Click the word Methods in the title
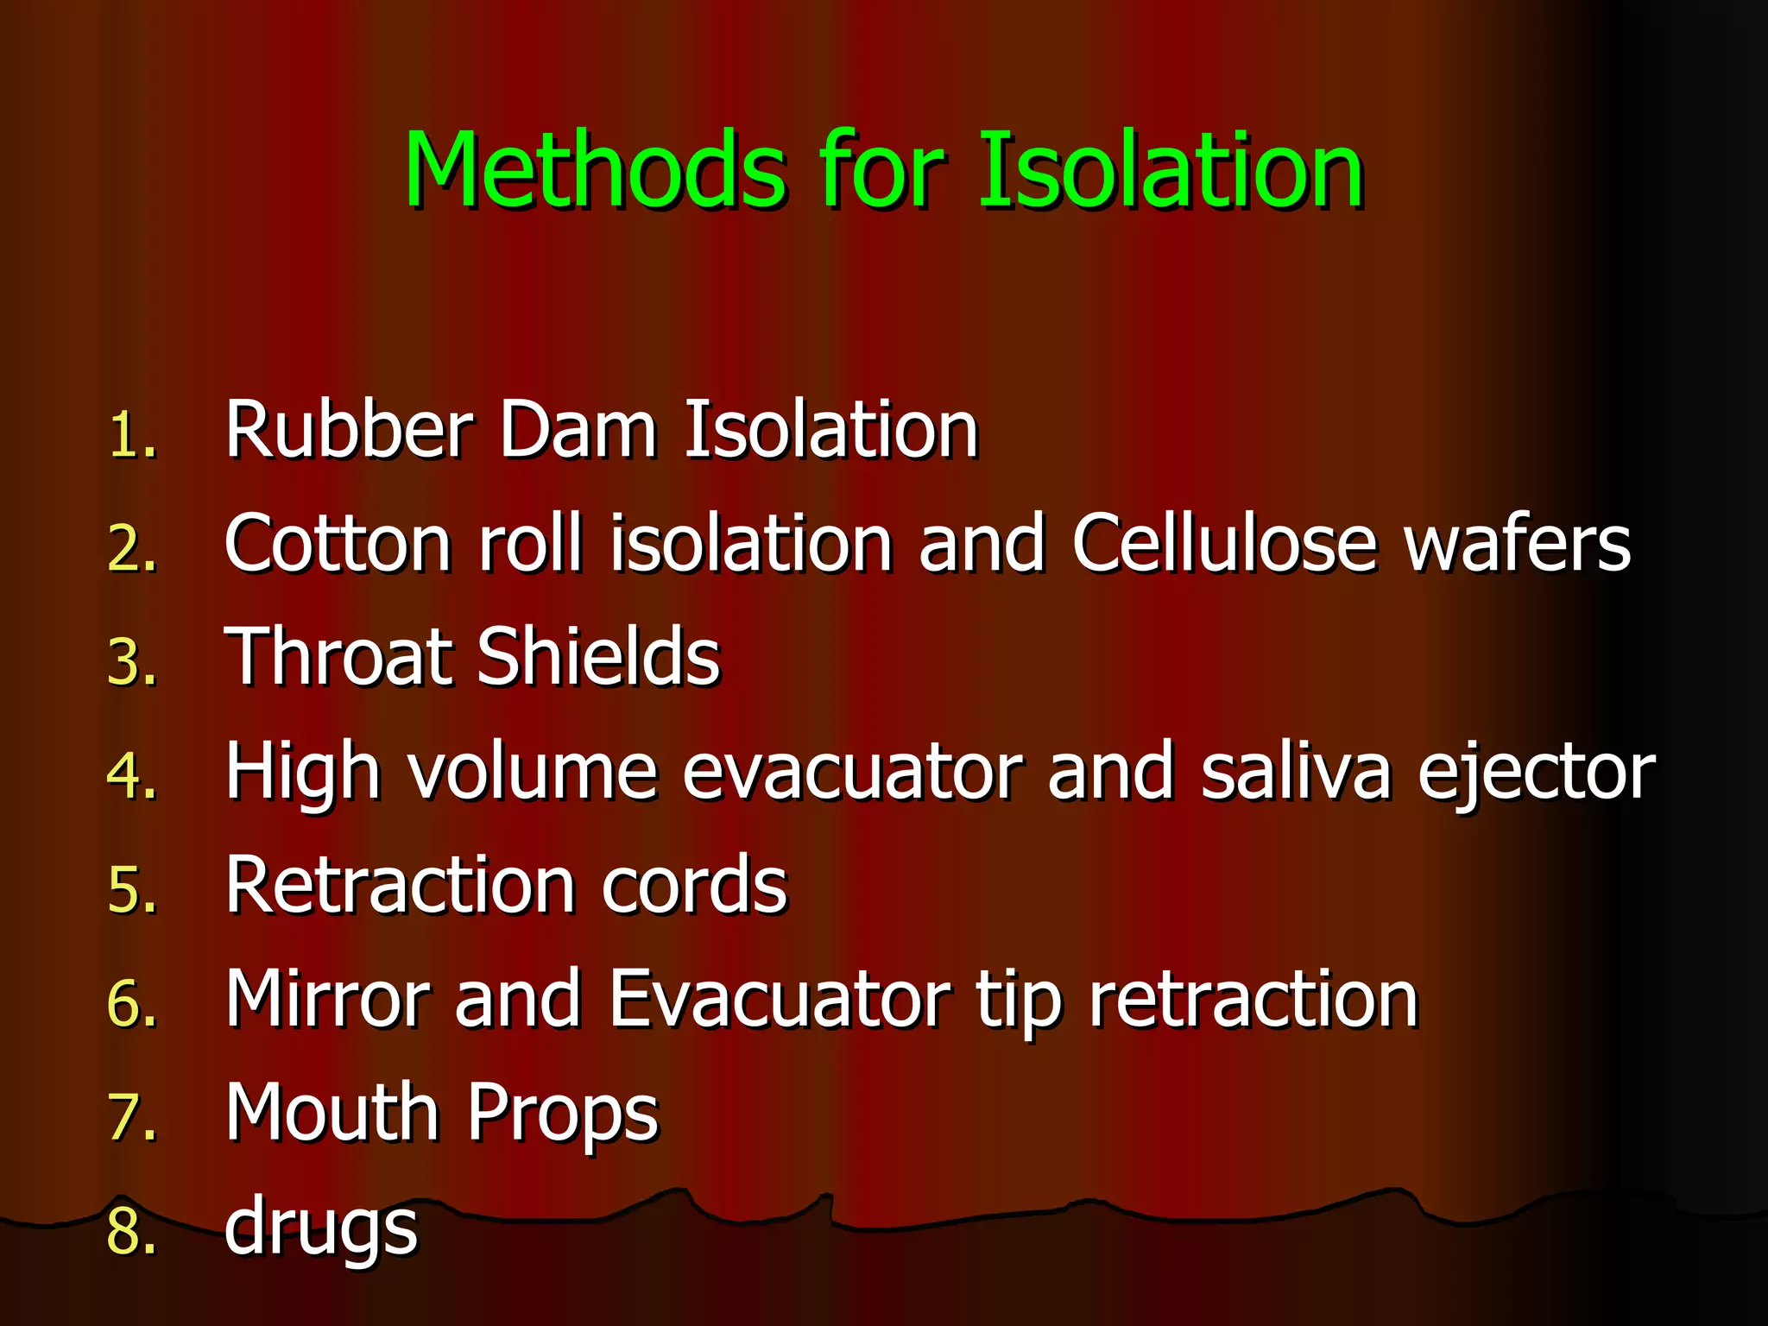pyautogui.click(x=596, y=170)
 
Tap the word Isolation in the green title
pyautogui.click(x=1171, y=170)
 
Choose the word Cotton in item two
pyautogui.click(x=338, y=543)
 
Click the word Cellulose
pyautogui.click(x=1224, y=543)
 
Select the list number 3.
pyautogui.click(x=132, y=662)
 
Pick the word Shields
pyautogui.click(x=598, y=657)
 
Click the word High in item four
pyautogui.click(x=302, y=771)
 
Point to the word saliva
pyautogui.click(x=1296, y=771)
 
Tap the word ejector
pyautogui.click(x=1537, y=771)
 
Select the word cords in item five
pyautogui.click(x=694, y=885)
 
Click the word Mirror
pyautogui.click(x=327, y=999)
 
